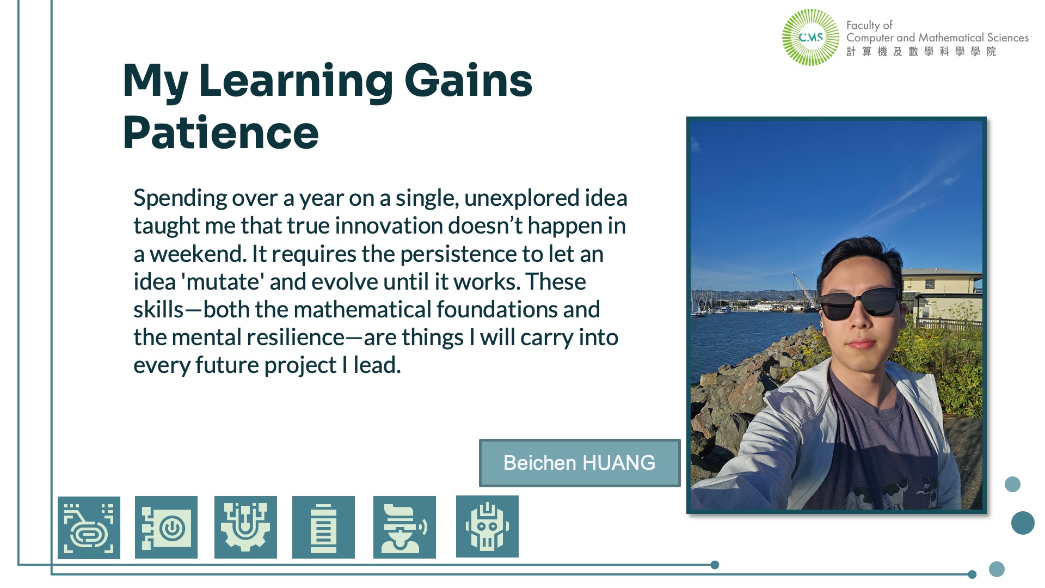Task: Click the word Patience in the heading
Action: tap(220, 132)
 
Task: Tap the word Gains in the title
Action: tap(468, 80)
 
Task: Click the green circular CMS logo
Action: tap(810, 38)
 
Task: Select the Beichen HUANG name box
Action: tap(580, 463)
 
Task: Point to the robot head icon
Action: tap(487, 526)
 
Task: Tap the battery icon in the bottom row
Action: tap(323, 527)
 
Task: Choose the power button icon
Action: tap(166, 527)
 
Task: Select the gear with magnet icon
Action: tap(245, 527)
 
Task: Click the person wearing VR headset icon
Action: tap(404, 527)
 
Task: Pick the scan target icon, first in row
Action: tap(89, 528)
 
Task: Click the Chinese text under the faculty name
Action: tap(921, 51)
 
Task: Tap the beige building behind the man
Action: tap(942, 294)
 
